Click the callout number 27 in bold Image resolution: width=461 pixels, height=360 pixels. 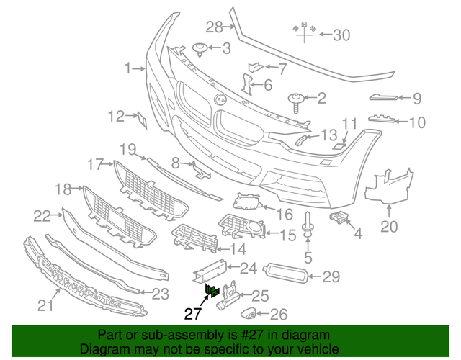click(x=192, y=313)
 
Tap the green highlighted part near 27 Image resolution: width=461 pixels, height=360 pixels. click(x=213, y=292)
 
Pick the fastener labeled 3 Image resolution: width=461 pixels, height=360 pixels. click(x=201, y=49)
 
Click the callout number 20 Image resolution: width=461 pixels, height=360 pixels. click(x=388, y=229)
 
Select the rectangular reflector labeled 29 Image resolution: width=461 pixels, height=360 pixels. click(x=287, y=274)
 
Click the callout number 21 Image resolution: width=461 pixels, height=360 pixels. click(x=46, y=306)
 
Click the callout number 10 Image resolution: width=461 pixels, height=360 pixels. click(x=417, y=122)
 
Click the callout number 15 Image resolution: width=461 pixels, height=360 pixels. click(x=287, y=235)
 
